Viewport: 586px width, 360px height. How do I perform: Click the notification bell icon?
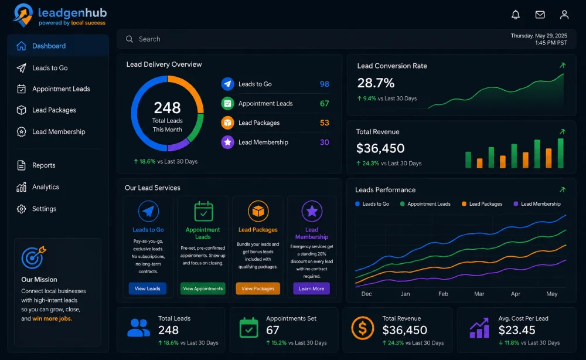coord(515,15)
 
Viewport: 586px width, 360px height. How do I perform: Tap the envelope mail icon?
coord(540,15)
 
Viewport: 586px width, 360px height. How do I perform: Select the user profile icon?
coord(564,15)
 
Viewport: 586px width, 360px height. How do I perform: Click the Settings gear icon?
coord(21,209)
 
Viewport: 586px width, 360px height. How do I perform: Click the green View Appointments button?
coord(203,288)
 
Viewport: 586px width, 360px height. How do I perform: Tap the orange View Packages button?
coord(258,288)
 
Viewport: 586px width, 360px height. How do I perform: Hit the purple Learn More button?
coord(311,288)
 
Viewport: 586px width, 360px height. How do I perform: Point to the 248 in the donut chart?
coord(168,108)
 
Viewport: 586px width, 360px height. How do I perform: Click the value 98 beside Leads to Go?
coord(325,84)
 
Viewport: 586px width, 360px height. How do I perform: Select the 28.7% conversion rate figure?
coord(376,83)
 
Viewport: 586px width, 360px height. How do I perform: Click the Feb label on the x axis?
coord(443,294)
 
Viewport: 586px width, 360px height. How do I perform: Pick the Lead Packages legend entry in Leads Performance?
coord(482,203)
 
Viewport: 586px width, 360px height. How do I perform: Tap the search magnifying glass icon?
coord(130,39)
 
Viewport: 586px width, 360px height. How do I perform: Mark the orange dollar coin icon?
coord(363,328)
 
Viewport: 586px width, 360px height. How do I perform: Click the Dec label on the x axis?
coord(367,294)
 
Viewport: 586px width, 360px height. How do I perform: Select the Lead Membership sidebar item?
coord(51,131)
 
